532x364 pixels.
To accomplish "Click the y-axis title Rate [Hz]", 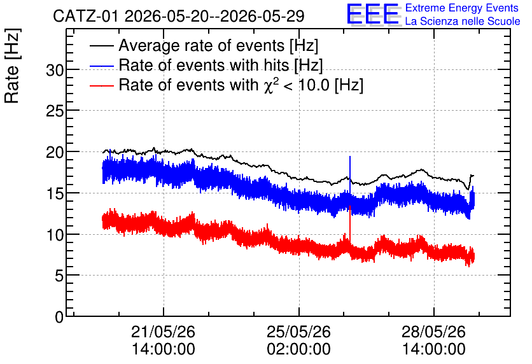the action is [12, 66].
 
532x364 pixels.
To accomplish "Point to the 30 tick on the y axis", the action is [55, 70].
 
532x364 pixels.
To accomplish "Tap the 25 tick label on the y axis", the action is [55, 111].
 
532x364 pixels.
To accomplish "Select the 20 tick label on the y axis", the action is [55, 152].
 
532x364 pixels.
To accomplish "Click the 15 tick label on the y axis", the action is [55, 193].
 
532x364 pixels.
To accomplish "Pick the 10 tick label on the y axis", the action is [55, 235].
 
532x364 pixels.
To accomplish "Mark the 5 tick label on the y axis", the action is [59, 276].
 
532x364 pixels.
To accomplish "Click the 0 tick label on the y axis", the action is [59, 317].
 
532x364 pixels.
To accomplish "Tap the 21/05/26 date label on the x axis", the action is [163, 332].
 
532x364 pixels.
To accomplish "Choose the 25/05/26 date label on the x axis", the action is [298, 332].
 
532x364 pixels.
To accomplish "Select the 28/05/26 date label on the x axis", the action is [434, 332].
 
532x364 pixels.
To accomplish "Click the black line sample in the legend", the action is [102, 46].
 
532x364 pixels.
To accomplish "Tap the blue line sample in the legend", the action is [102, 66].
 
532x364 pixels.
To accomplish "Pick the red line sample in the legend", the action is [102, 85].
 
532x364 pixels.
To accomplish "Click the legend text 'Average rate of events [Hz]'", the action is [218, 46].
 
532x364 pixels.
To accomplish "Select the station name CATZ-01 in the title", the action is [86, 17].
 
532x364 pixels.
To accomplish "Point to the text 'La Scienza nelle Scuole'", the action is [463, 21].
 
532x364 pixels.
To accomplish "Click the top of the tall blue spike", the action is [350, 157].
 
